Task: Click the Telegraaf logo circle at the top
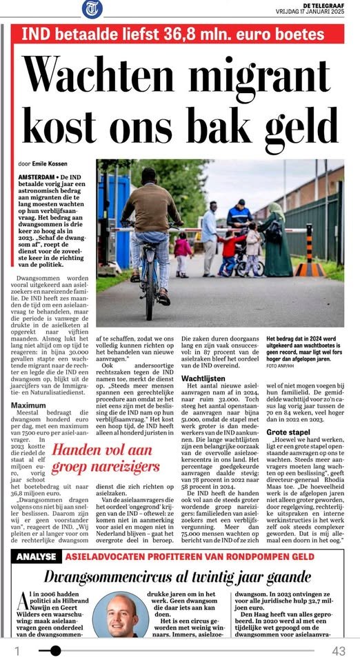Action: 91,10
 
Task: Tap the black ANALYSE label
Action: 41,557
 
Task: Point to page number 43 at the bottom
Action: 338,650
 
